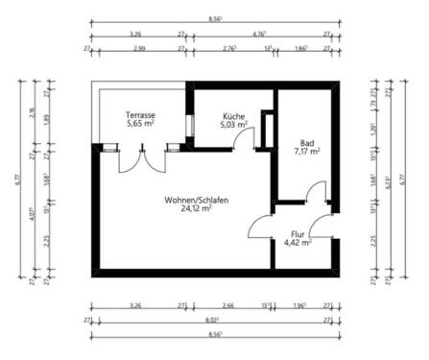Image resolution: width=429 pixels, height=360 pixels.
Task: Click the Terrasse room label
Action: [140, 114]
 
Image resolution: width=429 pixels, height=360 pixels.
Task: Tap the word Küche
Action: [235, 114]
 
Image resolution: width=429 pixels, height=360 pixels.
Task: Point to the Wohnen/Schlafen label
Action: [196, 199]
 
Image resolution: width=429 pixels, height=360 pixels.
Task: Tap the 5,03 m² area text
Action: [235, 124]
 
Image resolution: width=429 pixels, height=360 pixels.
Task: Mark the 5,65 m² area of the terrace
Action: [140, 124]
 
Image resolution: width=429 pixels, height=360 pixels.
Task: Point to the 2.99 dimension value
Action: [139, 47]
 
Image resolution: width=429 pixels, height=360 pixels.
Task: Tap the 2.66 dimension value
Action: [226, 305]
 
